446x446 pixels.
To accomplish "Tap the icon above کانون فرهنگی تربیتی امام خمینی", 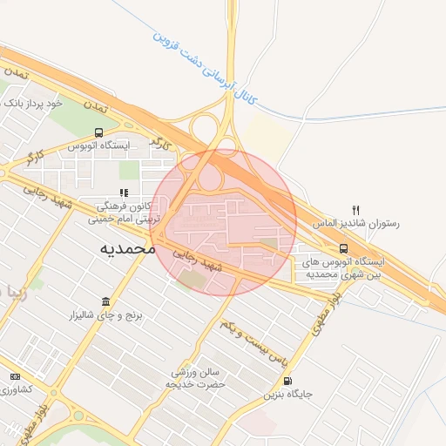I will pos(125,193).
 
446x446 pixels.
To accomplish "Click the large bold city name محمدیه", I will pos(127,248).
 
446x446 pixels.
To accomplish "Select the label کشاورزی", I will pos(16,389).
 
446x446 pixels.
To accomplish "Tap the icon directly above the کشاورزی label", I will pos(14,375).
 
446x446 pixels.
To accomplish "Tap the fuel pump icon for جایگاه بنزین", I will pos(288,380).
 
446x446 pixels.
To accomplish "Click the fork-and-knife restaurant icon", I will pos(355,210).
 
